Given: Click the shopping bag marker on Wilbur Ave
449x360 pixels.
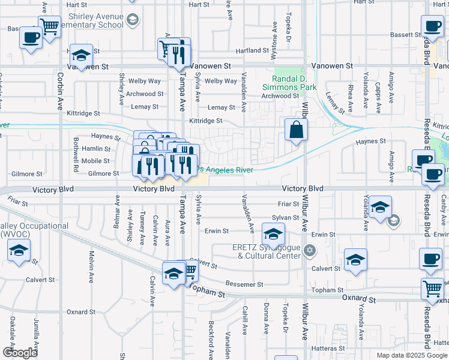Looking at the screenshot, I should tap(297, 130).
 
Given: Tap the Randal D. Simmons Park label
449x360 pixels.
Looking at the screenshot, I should tap(294, 83).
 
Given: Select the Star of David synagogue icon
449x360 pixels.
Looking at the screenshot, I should tap(309, 250).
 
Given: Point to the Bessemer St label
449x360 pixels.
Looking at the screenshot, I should tap(244, 284).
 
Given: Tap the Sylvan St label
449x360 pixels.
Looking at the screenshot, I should tap(285, 218).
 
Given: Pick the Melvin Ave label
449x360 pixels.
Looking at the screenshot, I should tap(92, 267).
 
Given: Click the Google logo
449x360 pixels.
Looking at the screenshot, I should tap(20, 353).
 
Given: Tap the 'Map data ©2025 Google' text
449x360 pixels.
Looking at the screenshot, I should tap(412, 355).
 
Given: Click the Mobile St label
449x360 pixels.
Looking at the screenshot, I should tap(95, 161).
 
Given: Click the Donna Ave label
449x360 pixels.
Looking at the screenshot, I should tap(265, 319).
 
